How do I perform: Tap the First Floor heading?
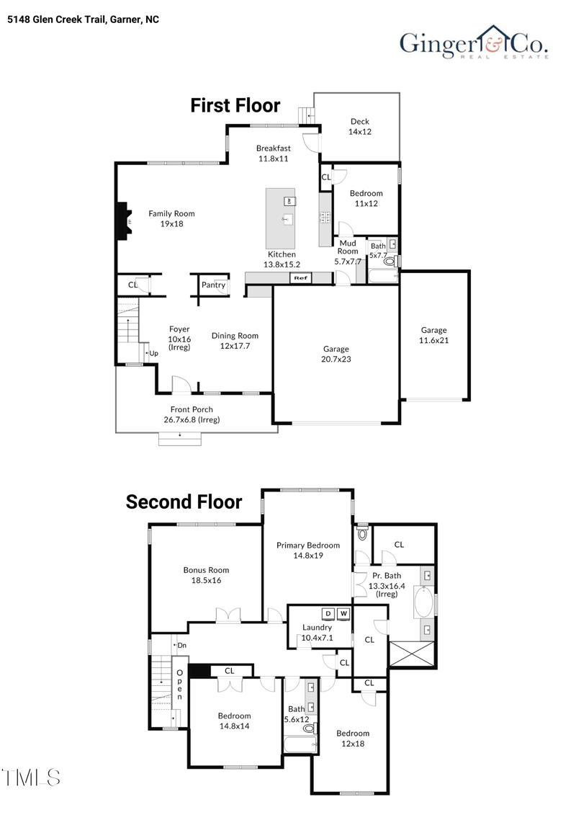(235, 105)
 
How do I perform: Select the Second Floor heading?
(184, 502)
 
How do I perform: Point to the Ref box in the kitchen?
(300, 277)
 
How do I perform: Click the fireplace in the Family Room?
(124, 219)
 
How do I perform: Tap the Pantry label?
(213, 285)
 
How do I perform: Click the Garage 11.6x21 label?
(434, 335)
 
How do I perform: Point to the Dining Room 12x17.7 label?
(235, 341)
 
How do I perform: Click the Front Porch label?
(192, 414)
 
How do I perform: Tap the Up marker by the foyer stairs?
(153, 353)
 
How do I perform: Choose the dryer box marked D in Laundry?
(328, 614)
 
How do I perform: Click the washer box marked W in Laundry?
(343, 614)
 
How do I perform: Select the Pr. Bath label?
(387, 581)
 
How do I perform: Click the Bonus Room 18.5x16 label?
(206, 574)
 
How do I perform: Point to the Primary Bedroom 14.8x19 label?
(308, 551)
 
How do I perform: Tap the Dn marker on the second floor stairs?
(182, 646)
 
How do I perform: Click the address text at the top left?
(84, 19)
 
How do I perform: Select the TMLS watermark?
(31, 777)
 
